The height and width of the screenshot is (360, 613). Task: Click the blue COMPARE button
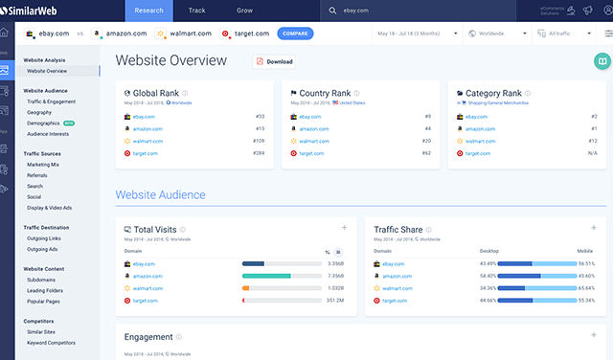(295, 34)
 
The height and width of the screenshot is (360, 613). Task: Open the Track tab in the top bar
(196, 11)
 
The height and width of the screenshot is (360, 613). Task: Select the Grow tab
(245, 11)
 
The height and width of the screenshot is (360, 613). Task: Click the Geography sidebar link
(40, 112)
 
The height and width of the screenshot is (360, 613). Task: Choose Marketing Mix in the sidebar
(43, 164)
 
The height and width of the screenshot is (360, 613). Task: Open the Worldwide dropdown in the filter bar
(500, 34)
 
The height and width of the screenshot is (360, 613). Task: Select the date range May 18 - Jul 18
(422, 34)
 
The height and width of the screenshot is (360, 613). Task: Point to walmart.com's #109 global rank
(258, 141)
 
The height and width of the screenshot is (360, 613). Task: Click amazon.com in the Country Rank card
(312, 128)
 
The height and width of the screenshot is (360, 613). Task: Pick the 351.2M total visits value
(334, 300)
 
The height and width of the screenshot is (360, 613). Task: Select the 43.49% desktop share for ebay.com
(488, 263)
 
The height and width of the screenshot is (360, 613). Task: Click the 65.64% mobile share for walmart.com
(586, 287)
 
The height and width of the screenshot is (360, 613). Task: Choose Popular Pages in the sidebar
(45, 301)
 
